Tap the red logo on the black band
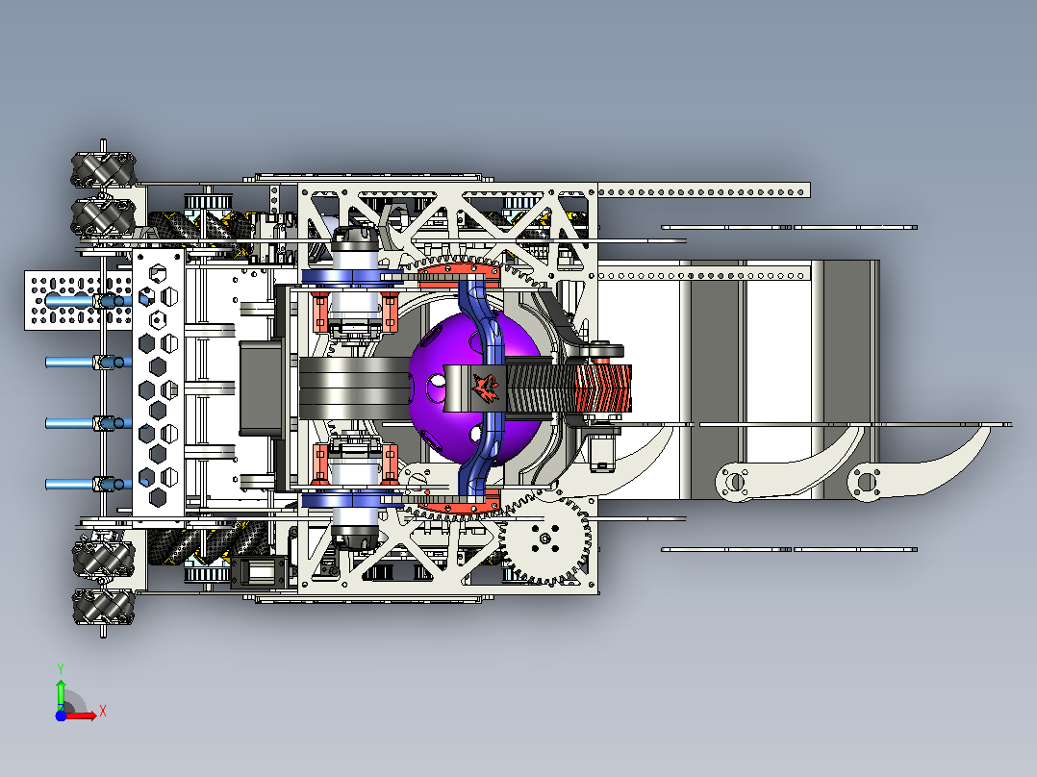click(486, 388)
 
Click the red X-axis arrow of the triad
click(81, 715)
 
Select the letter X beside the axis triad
click(103, 712)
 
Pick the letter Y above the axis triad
click(61, 669)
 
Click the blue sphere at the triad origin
click(61, 715)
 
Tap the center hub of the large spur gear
click(544, 539)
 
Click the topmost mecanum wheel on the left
click(104, 169)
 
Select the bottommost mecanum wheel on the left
click(104, 607)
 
